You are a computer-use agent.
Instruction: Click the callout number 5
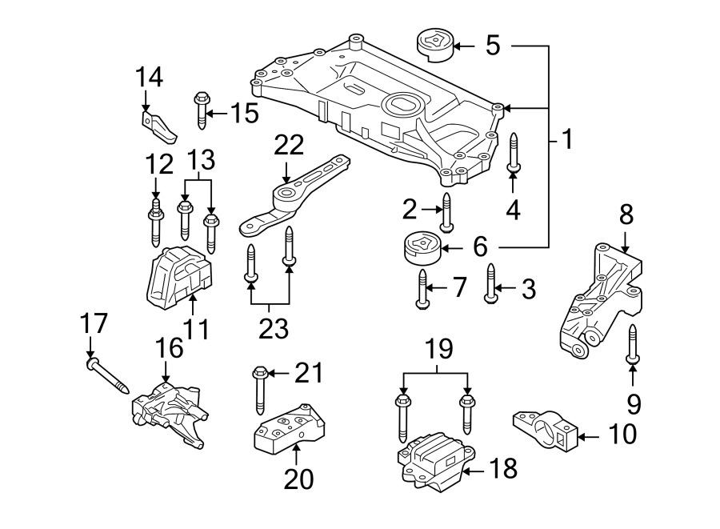[492, 45]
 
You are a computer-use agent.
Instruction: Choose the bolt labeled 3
[490, 283]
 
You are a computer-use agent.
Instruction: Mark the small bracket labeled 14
[158, 123]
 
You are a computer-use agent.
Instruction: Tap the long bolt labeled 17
[108, 375]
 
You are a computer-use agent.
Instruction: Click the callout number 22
[290, 145]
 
